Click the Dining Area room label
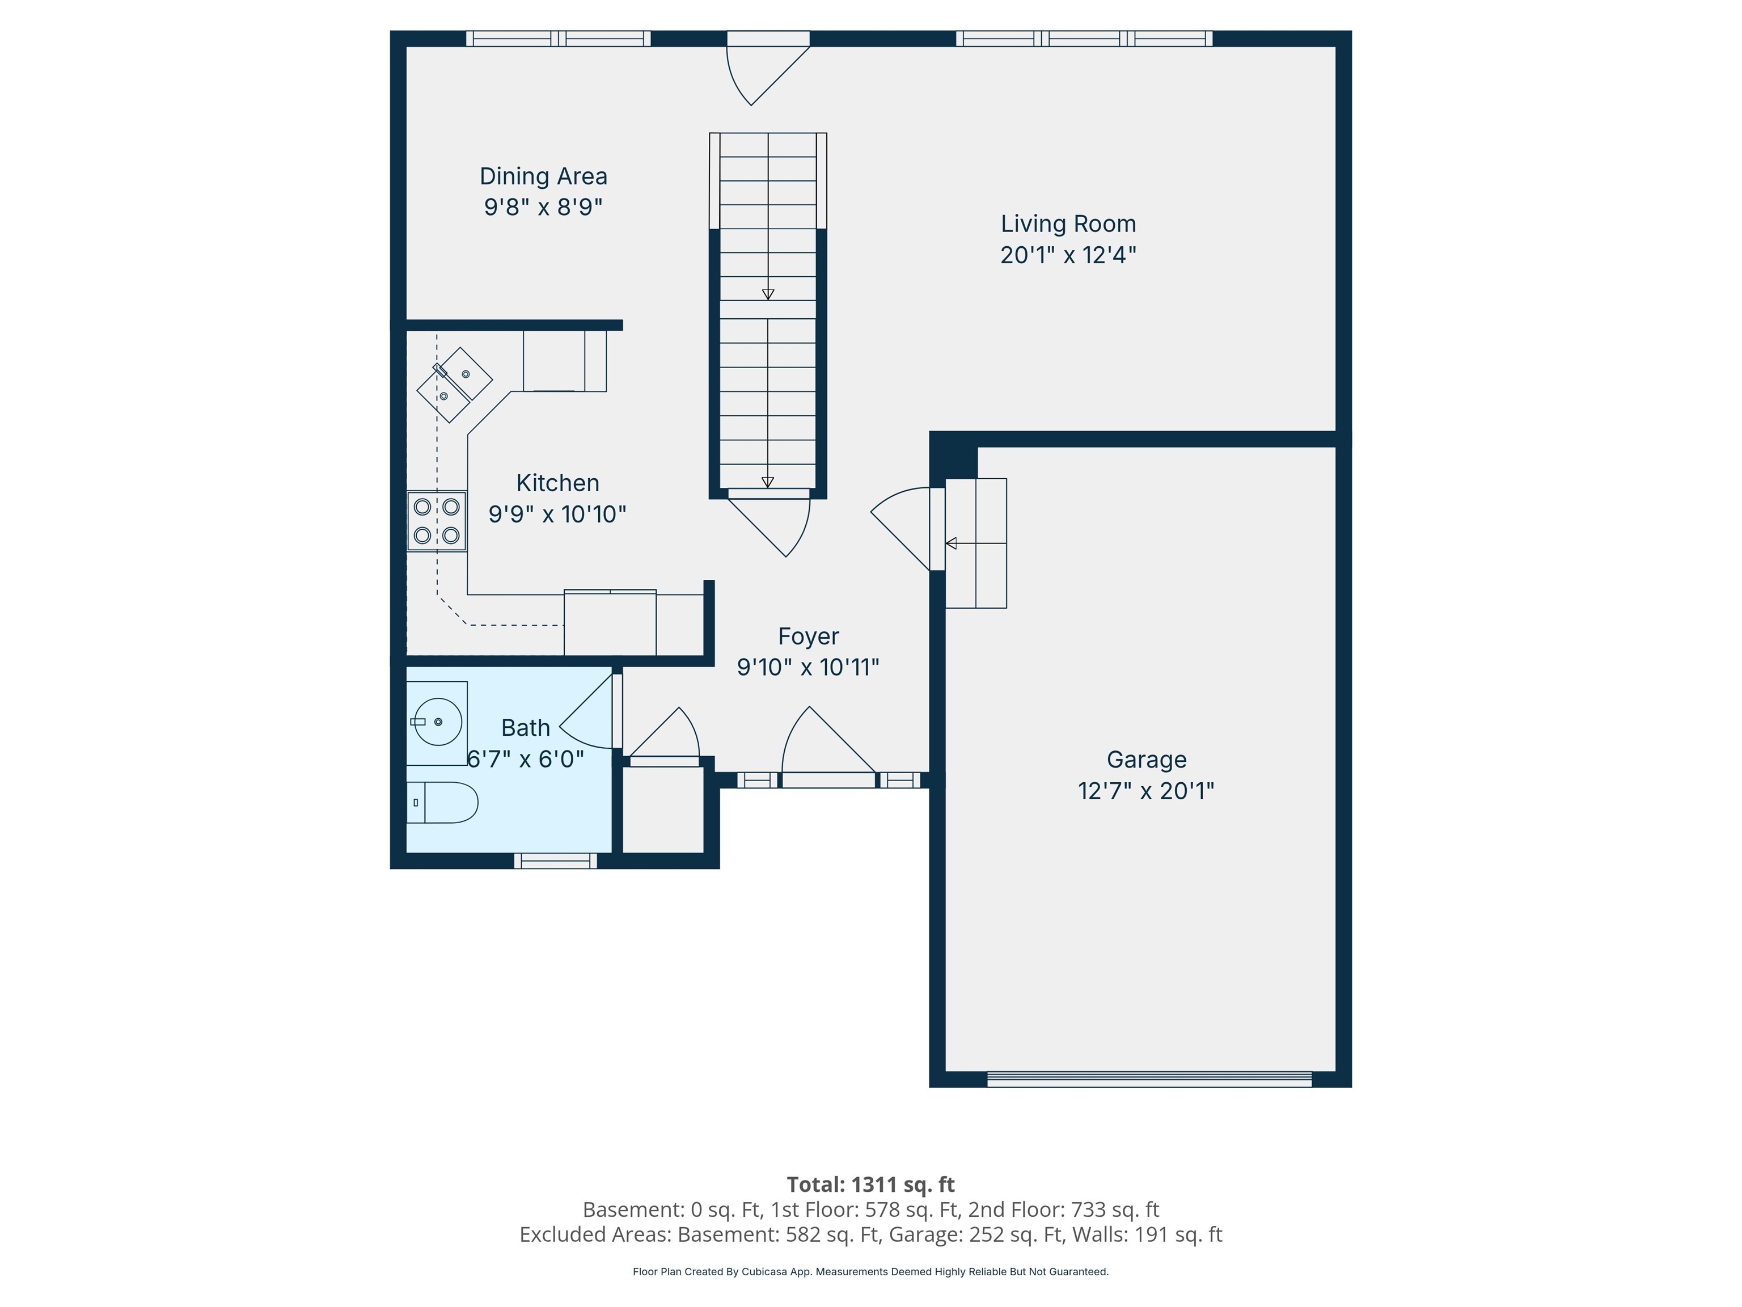(x=543, y=176)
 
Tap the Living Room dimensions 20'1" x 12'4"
(x=1068, y=255)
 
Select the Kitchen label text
(x=557, y=483)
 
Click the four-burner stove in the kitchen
(x=436, y=521)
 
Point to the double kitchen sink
(x=454, y=385)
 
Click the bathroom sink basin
(x=437, y=722)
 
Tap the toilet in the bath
(x=442, y=803)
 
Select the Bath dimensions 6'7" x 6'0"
(x=525, y=758)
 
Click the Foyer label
(x=808, y=636)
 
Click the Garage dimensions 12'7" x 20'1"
(x=1146, y=790)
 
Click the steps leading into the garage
(x=976, y=543)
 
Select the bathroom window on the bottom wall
(x=555, y=861)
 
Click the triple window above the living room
(x=1084, y=39)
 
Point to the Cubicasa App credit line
(x=870, y=1272)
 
